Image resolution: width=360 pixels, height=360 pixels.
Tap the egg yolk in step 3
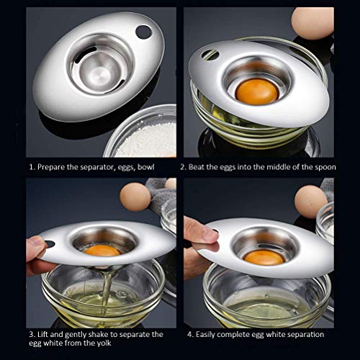pyautogui.click(x=102, y=251)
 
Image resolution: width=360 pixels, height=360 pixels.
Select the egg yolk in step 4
pyautogui.click(x=264, y=257)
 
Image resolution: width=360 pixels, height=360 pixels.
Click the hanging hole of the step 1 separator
pyautogui.click(x=143, y=32)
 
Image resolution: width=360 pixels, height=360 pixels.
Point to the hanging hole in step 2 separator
pyautogui.click(x=210, y=55)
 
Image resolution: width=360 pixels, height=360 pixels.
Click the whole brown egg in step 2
pyautogui.click(x=313, y=23)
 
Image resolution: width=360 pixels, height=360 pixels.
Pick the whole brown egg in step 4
pyautogui.click(x=310, y=202)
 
